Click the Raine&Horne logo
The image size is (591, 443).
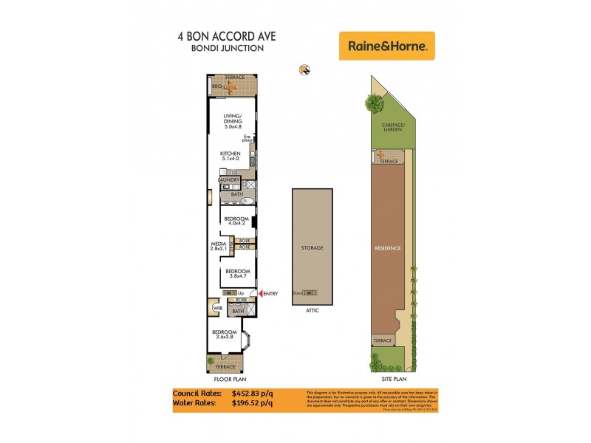click(x=386, y=46)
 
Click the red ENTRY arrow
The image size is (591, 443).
click(x=259, y=294)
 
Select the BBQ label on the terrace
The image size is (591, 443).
click(x=216, y=87)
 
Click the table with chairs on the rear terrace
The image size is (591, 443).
click(x=232, y=88)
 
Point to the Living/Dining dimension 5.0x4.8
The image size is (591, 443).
click(x=233, y=126)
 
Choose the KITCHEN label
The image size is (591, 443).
click(x=230, y=153)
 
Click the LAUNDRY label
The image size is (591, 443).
click(x=228, y=179)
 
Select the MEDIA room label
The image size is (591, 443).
click(x=218, y=243)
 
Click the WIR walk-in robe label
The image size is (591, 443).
click(x=217, y=309)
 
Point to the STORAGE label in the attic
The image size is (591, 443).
click(x=312, y=247)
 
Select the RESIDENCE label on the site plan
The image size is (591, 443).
click(x=388, y=248)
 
